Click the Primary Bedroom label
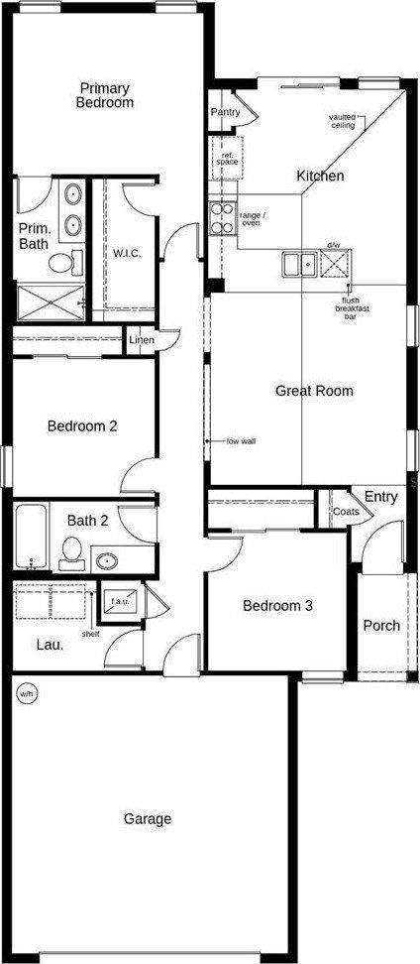[106, 95]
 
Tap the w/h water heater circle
[24, 693]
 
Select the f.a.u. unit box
[119, 601]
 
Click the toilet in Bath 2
[71, 552]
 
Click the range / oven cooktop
[222, 216]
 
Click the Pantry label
[225, 112]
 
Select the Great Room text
[314, 391]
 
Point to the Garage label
[148, 819]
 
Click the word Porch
[381, 626]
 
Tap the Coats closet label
[346, 512]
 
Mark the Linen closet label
[142, 340]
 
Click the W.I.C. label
[127, 253]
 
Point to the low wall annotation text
[241, 440]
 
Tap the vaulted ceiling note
[343, 121]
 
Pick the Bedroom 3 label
[278, 605]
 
